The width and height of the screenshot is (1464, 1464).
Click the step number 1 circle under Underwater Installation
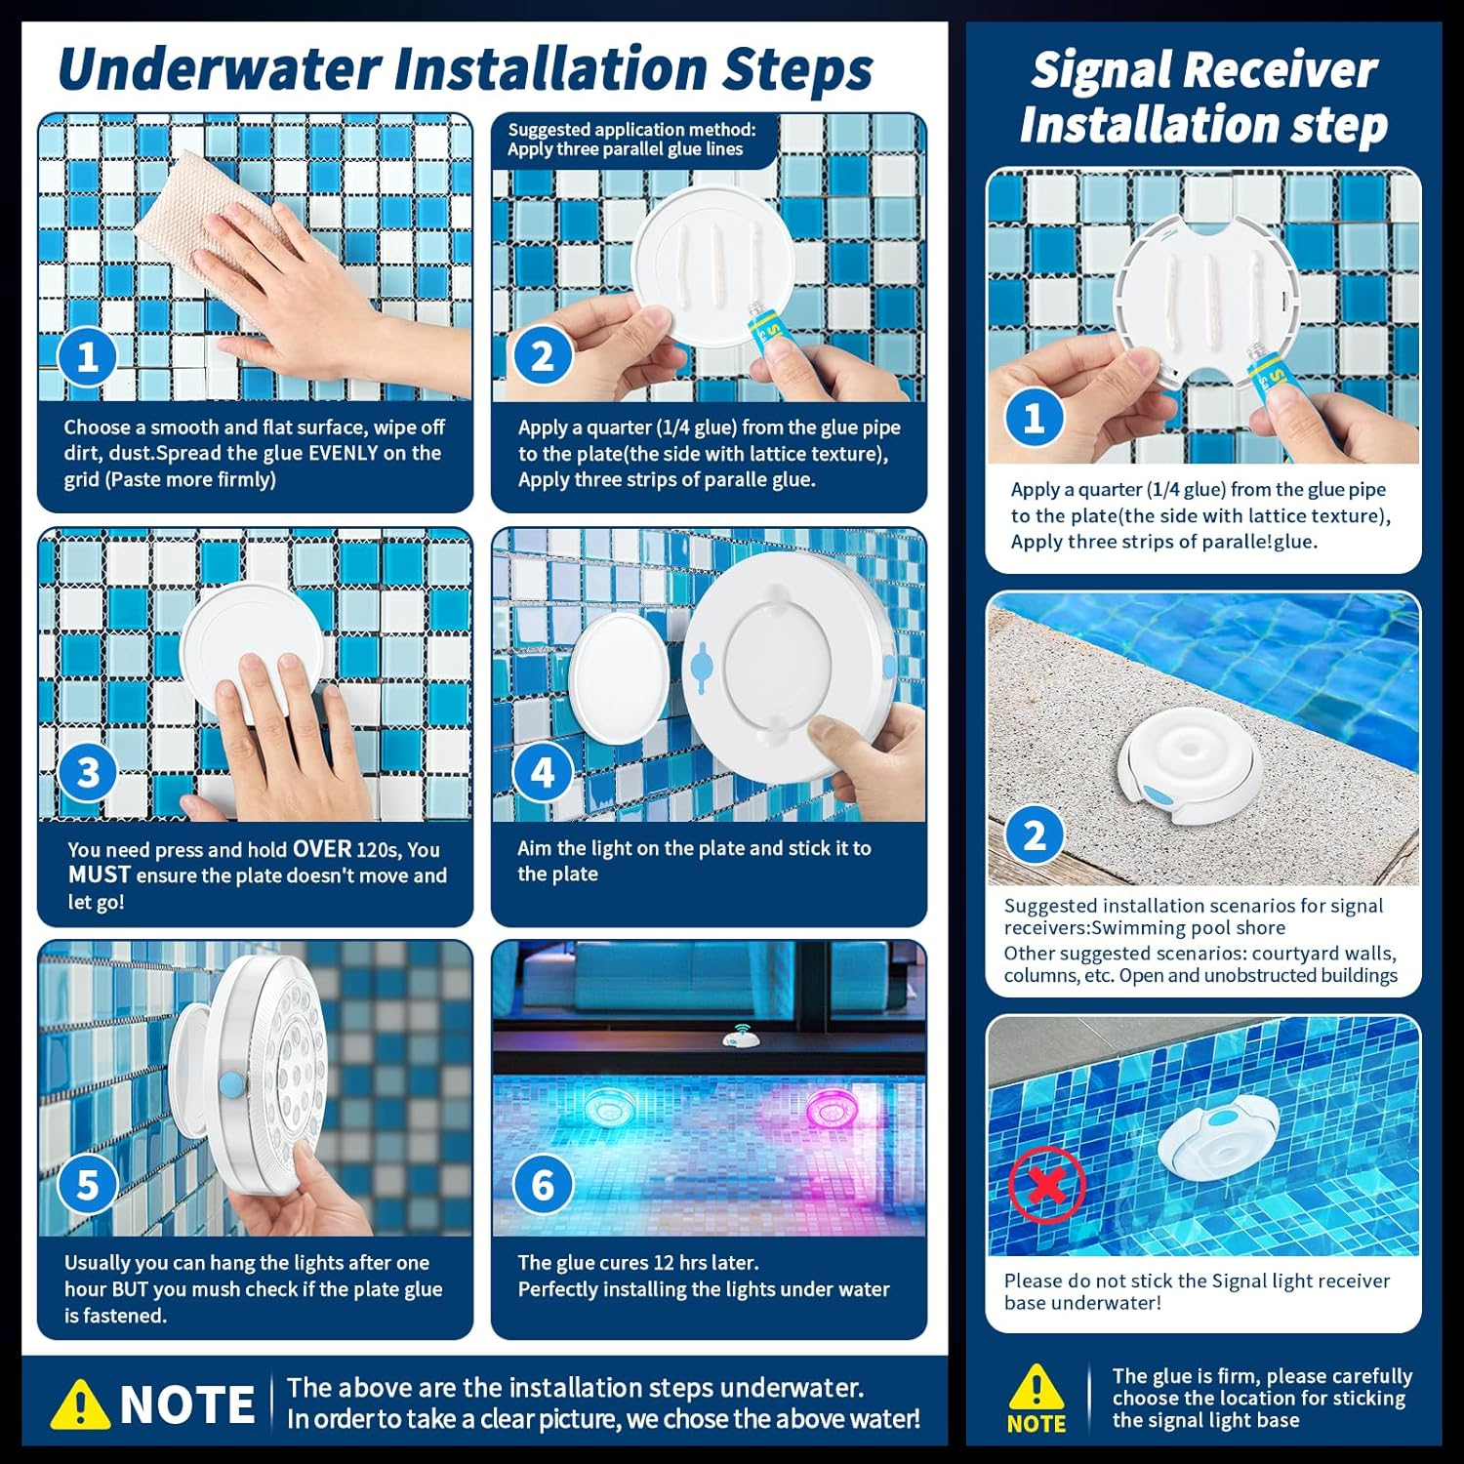click(x=88, y=356)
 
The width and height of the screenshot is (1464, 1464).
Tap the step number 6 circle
click(x=543, y=1185)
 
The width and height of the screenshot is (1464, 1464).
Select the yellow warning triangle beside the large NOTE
click(x=80, y=1404)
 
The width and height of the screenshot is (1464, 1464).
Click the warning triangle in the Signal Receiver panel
click(x=1036, y=1387)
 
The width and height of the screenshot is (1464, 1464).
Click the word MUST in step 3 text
click(x=99, y=875)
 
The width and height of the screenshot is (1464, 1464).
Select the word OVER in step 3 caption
click(x=321, y=849)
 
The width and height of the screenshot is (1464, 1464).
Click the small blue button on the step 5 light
click(x=231, y=1083)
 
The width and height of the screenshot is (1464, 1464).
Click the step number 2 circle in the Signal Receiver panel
click(x=1035, y=835)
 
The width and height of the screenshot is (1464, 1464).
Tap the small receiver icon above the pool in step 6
click(x=737, y=1038)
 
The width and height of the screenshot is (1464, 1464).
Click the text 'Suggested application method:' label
click(x=630, y=130)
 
